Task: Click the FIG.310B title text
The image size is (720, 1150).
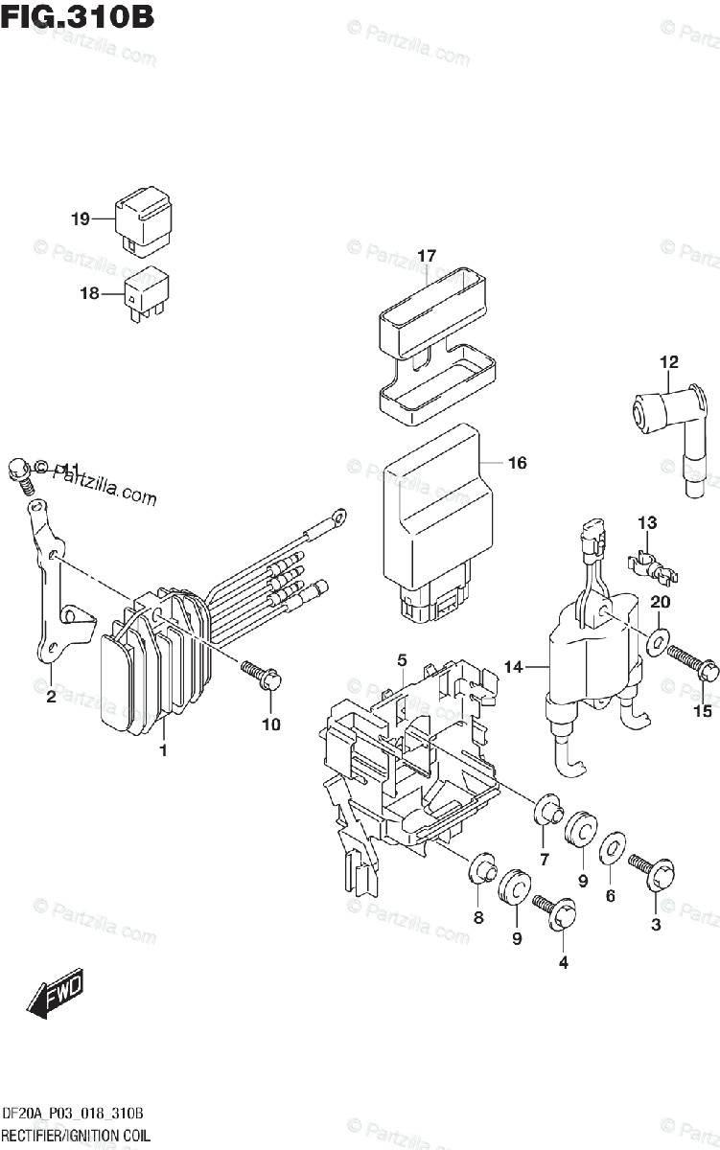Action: (x=78, y=18)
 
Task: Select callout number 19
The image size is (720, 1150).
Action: (x=80, y=218)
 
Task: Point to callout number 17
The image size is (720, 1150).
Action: (x=427, y=256)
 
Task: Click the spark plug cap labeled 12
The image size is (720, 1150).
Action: (x=664, y=422)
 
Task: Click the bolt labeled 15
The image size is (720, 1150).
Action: (x=690, y=662)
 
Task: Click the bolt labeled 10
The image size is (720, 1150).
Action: (x=261, y=675)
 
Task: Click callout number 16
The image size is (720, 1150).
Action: (x=517, y=464)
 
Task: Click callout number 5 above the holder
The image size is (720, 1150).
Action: (x=403, y=659)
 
